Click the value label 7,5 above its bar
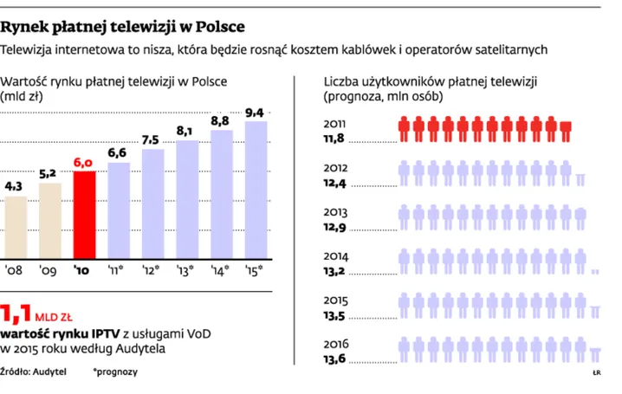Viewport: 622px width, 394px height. pyautogui.click(x=150, y=140)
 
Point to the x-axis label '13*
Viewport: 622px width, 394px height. pyautogui.click(x=185, y=269)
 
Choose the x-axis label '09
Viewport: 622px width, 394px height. pyautogui.click(x=49, y=269)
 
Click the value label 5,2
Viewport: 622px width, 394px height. pyautogui.click(x=49, y=173)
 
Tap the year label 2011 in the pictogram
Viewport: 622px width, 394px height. pyautogui.click(x=337, y=123)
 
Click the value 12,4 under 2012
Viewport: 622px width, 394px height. pyautogui.click(x=335, y=183)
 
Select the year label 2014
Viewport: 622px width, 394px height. pyautogui.click(x=337, y=256)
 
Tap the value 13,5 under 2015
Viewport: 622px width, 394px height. pyautogui.click(x=336, y=315)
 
